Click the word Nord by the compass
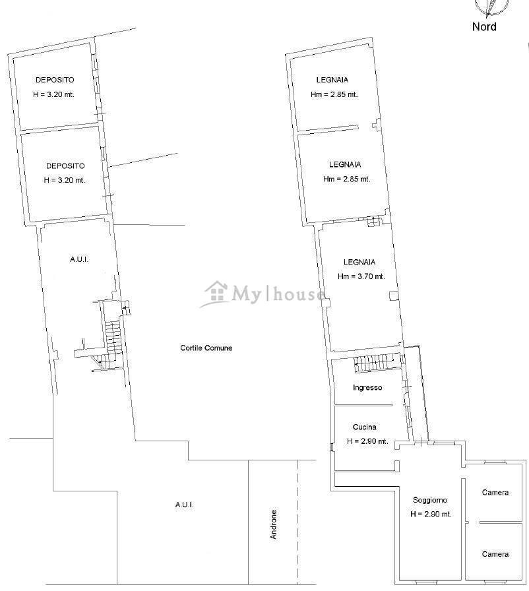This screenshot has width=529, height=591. [x=484, y=27]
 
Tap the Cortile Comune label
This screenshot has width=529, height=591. [x=206, y=348]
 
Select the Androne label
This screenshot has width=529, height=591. [x=274, y=524]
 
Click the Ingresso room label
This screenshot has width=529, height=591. [x=367, y=387]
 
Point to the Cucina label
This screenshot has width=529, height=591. [x=364, y=427]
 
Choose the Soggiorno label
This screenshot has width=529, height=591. [x=430, y=500]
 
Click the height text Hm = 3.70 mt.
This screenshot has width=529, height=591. [x=361, y=276]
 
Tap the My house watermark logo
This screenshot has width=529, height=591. [x=263, y=294]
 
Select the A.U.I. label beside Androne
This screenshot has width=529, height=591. [x=185, y=505]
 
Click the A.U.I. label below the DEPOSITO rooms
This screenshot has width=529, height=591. [x=79, y=259]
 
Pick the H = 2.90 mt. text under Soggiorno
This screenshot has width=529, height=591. [x=431, y=514]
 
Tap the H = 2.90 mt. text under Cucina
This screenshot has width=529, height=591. [x=367, y=441]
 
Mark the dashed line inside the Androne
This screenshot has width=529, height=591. [x=298, y=522]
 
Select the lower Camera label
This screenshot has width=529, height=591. [x=495, y=554]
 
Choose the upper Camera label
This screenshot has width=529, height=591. [x=495, y=492]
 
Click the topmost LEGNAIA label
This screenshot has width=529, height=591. [x=332, y=80]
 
